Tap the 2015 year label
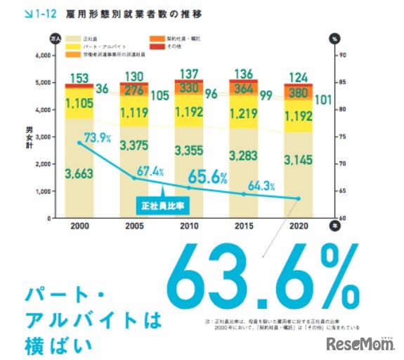pyautogui.click(x=242, y=227)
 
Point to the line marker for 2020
pyautogui.click(x=298, y=199)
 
